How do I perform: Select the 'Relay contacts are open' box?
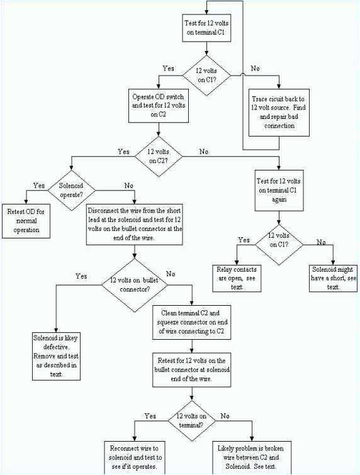pyautogui.click(x=236, y=277)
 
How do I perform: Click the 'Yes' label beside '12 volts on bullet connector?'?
pyautogui.click(x=81, y=276)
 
